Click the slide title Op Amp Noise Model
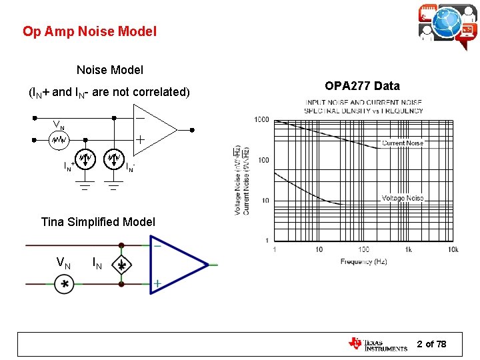89,31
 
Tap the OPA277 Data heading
362,86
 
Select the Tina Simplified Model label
98,222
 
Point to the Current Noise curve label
403,143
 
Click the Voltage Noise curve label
403,198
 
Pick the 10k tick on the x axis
453,249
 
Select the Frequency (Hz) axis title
365,261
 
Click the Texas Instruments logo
377,344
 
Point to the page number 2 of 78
431,344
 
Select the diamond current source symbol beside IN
121,265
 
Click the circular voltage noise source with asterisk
65,285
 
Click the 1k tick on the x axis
408,249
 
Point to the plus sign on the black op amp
141,140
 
